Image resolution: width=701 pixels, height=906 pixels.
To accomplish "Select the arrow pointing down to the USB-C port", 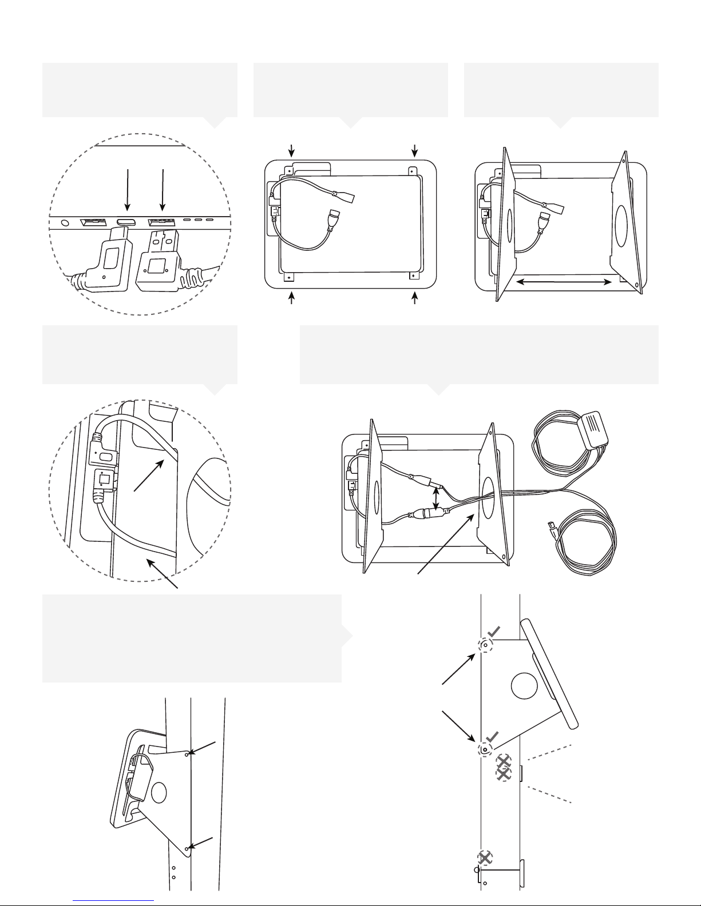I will pos(128,191).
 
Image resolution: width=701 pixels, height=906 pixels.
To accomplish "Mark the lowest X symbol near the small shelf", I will pos(485,858).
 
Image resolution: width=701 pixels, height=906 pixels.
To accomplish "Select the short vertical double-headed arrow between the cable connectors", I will pos(438,497).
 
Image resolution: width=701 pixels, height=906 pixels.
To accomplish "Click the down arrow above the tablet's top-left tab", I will pos(292,150).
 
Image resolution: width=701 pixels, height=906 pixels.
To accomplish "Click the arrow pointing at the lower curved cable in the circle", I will pos(164,574).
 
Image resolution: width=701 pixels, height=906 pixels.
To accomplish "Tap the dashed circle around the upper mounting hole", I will pos(485,645).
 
